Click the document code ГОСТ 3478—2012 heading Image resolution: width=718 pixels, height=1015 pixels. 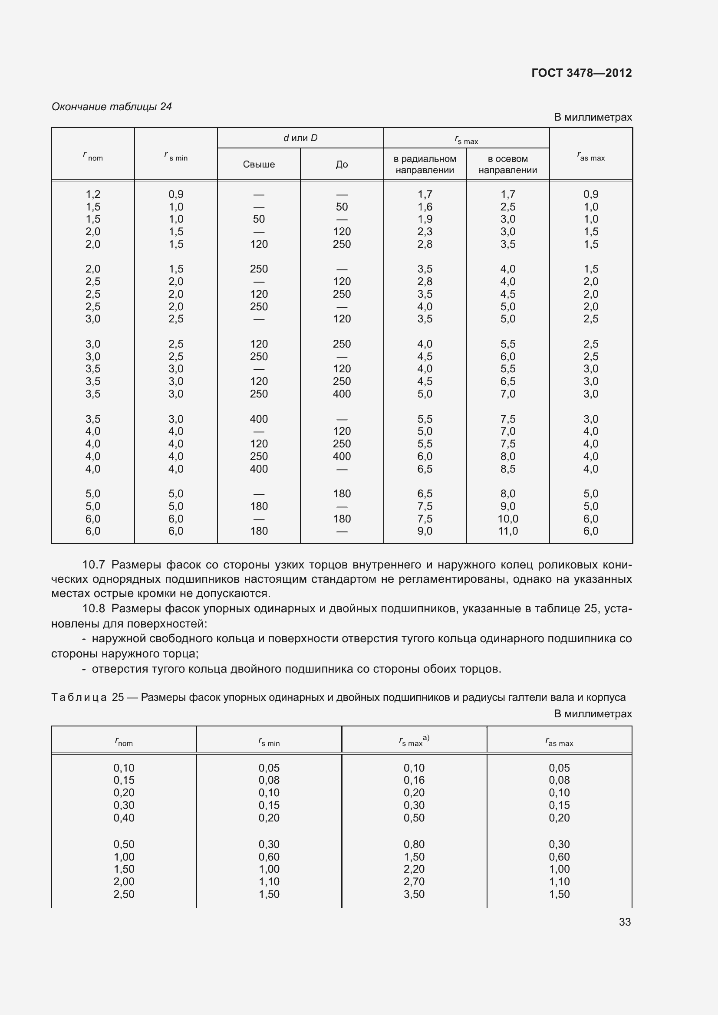(x=581, y=73)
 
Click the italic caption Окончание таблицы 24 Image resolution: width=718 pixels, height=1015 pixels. (x=112, y=107)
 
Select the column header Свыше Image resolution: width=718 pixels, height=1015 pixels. (x=259, y=164)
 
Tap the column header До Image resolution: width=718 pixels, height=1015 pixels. (x=342, y=164)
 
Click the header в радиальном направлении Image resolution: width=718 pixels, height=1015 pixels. (x=425, y=164)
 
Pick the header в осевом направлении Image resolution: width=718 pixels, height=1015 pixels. (x=507, y=164)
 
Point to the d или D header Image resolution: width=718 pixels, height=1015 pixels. (x=300, y=138)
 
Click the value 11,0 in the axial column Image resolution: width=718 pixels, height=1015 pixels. (x=507, y=531)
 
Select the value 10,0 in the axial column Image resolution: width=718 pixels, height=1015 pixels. (x=507, y=519)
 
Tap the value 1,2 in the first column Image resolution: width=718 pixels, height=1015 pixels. (x=93, y=194)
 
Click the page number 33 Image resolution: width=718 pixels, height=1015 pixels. (x=625, y=922)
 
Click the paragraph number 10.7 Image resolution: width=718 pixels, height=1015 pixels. (x=93, y=565)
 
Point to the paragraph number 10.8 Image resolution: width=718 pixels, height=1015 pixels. (x=93, y=609)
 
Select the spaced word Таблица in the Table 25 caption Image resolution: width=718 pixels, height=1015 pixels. (x=79, y=697)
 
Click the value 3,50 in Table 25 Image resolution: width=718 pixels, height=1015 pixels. (x=414, y=894)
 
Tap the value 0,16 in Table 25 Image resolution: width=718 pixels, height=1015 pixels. (x=414, y=780)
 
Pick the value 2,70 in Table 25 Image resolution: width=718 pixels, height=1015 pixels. (x=414, y=881)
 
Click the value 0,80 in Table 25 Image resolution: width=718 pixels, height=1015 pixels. (x=414, y=844)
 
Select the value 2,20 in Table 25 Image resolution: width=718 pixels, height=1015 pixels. (x=414, y=869)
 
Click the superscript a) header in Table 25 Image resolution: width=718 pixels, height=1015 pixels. (x=426, y=737)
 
